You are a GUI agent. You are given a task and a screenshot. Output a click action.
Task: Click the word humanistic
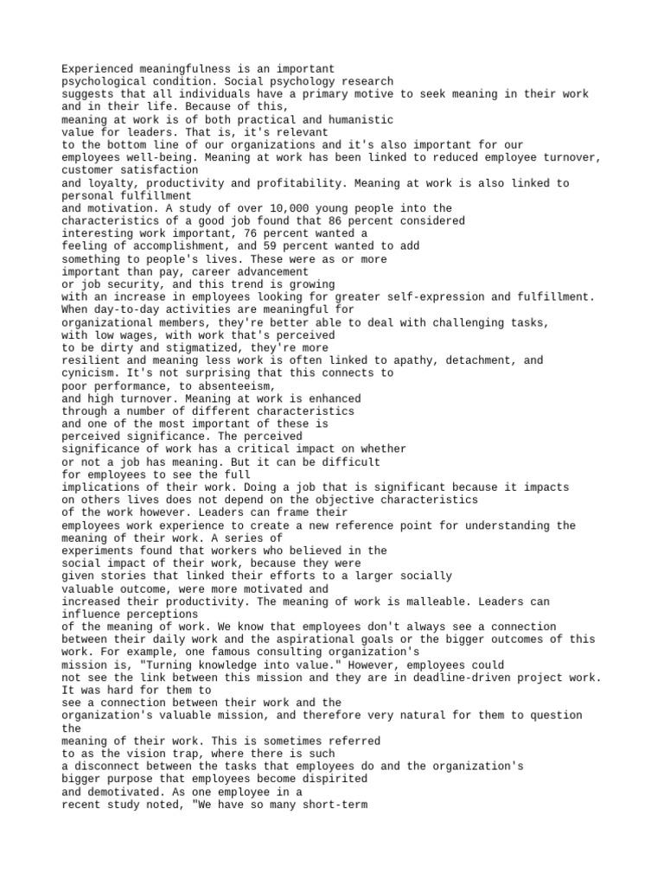pos(357,119)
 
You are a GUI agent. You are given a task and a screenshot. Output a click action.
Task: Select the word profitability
pos(297,183)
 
